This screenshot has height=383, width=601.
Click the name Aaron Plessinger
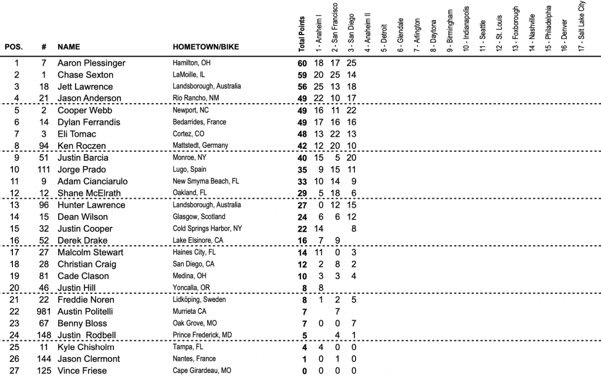pyautogui.click(x=91, y=63)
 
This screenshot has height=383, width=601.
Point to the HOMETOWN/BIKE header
pyautogui.click(x=205, y=46)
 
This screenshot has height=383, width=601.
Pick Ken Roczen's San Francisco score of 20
pyautogui.click(x=336, y=146)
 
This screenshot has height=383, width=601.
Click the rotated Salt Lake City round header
pyautogui.click(x=582, y=26)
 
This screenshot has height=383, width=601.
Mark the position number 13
pyautogui.click(x=16, y=205)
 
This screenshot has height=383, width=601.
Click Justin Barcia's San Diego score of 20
pyautogui.click(x=352, y=158)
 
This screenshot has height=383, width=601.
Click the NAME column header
pyautogui.click(x=69, y=46)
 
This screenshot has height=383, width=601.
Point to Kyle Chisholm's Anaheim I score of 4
pyautogui.click(x=319, y=347)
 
